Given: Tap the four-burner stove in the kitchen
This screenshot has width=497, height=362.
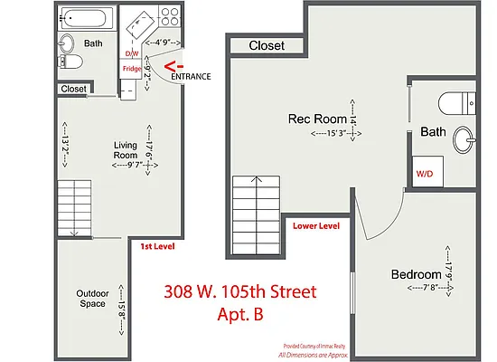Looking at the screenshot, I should (168, 15).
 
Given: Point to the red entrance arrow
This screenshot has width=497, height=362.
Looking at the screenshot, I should (177, 65).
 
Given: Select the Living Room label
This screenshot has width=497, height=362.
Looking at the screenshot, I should (125, 150).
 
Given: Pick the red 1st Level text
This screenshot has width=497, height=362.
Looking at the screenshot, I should (157, 246).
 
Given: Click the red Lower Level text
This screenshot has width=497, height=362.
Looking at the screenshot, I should (316, 226).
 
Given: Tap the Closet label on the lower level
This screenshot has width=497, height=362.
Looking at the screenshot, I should (267, 45).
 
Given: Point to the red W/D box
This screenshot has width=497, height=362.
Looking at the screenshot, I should (424, 172).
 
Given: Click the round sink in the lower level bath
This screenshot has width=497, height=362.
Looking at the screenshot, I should (464, 139).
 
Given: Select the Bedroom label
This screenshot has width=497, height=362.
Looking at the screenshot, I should (416, 274).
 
